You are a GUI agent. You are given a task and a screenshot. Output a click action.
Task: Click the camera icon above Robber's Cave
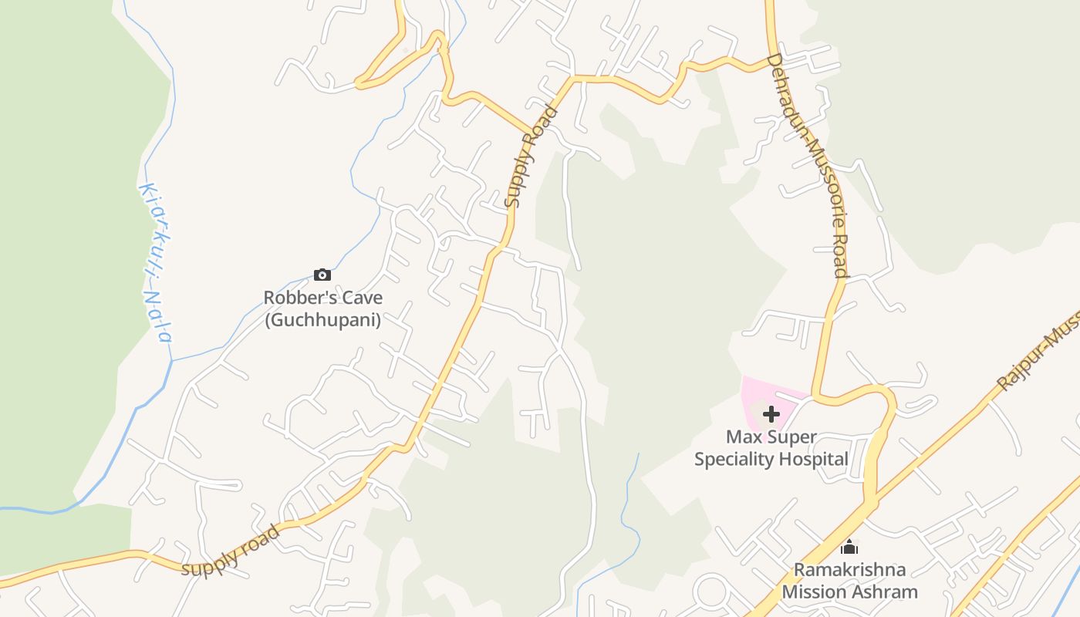(x=322, y=275)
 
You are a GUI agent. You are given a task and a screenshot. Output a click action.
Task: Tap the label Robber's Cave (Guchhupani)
(x=322, y=308)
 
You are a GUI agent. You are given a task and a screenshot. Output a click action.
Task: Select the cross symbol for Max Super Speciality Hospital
(x=771, y=415)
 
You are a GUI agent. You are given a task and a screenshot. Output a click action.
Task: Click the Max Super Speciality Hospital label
(x=771, y=448)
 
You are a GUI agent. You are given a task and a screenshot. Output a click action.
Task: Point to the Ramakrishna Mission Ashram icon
(x=849, y=548)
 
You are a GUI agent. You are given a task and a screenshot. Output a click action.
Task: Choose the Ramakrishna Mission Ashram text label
(x=849, y=581)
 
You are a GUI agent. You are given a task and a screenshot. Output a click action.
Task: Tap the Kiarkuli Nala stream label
(x=154, y=262)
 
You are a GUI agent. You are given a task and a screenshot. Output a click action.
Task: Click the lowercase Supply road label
(x=231, y=551)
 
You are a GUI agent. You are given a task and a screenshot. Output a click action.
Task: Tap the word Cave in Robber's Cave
(x=362, y=298)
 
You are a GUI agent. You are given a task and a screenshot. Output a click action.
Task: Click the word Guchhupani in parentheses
(x=322, y=320)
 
